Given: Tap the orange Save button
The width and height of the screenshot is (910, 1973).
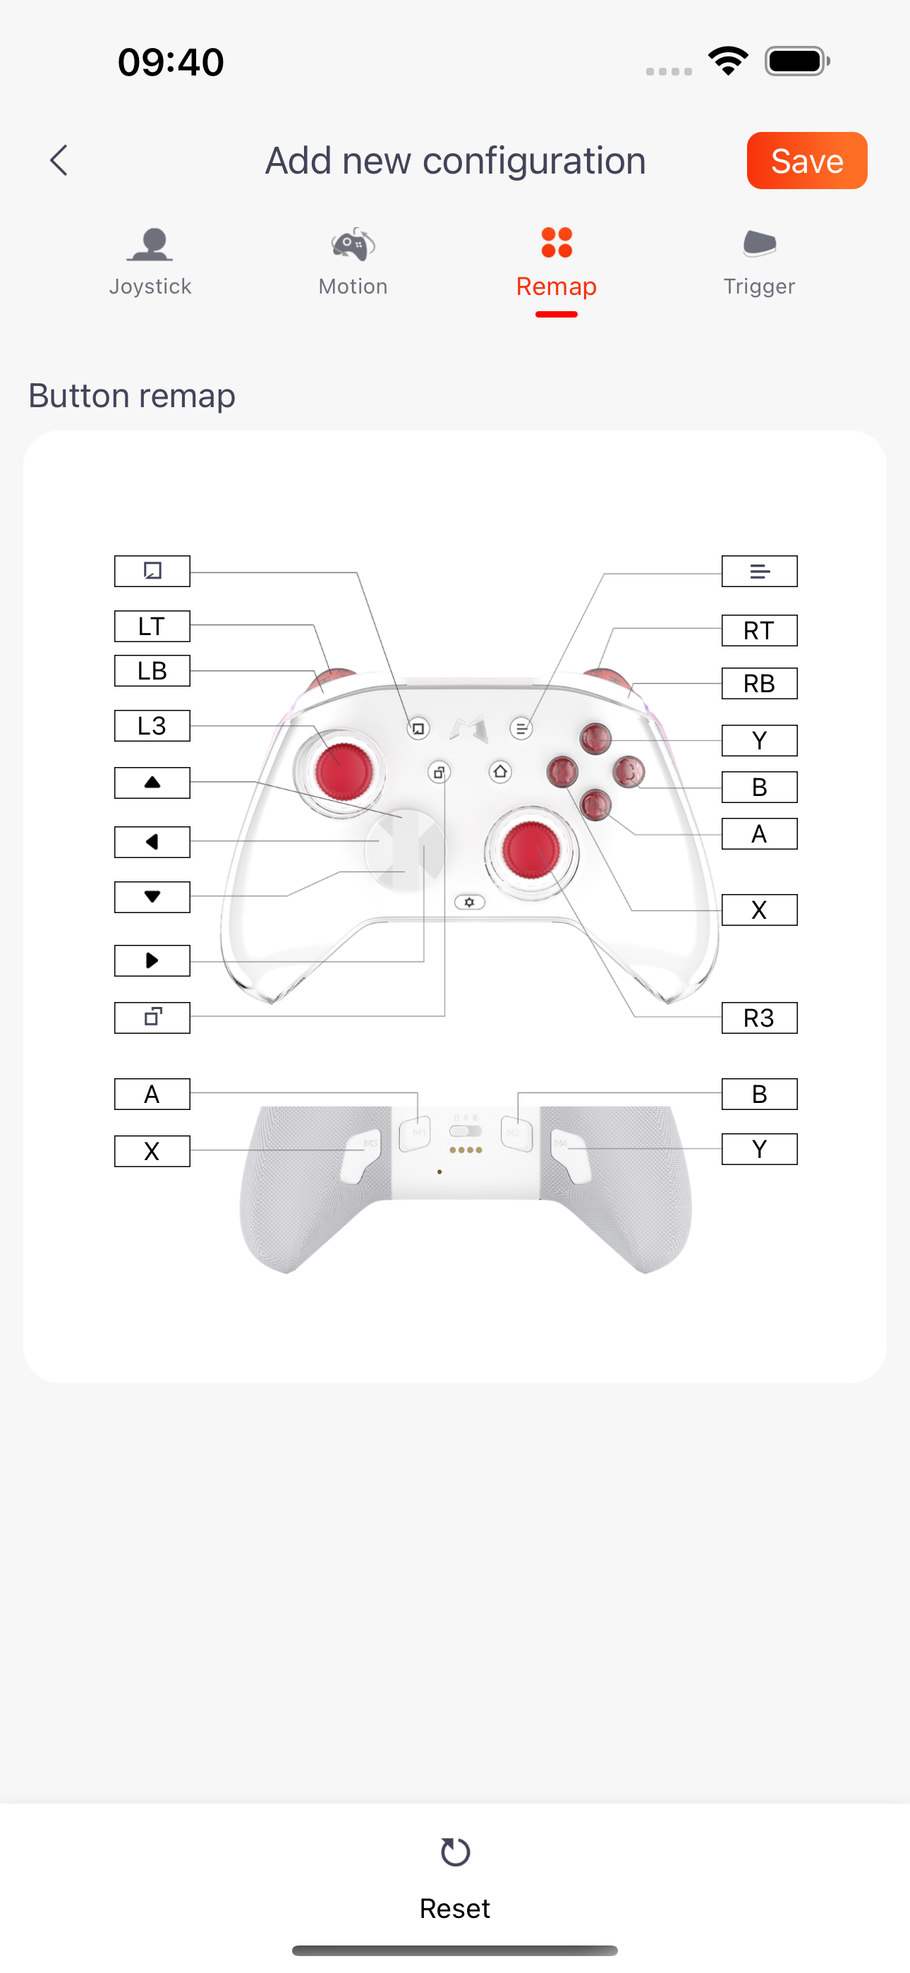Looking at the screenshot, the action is (806, 161).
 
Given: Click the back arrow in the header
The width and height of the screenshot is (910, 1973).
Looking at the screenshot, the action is (59, 160).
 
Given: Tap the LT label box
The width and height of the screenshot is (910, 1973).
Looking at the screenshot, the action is (152, 626).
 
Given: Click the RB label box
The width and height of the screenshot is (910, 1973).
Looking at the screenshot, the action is (759, 683).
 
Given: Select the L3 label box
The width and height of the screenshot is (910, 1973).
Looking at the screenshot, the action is (152, 725).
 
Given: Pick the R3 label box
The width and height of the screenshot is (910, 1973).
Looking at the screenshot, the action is (759, 1018).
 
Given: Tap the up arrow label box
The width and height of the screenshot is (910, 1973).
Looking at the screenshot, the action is (152, 783).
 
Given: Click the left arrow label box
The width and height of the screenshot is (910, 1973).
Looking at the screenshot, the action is (152, 842).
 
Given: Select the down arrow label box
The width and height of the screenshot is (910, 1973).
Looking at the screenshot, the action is (152, 897).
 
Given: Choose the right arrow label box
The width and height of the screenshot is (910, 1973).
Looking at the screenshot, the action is (152, 960).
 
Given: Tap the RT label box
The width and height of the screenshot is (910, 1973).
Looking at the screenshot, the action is (759, 630).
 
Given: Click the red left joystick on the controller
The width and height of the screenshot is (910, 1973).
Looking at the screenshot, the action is (344, 771).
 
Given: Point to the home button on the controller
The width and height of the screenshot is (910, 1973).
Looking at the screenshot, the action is (500, 771).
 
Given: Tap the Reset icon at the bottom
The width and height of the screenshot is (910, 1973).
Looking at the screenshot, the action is (455, 1852).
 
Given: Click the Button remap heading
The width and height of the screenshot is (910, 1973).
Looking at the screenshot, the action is (132, 396).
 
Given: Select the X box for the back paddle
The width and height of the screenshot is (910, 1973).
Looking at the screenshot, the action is (152, 1150).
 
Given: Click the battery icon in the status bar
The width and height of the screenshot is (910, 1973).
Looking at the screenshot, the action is (797, 61).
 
